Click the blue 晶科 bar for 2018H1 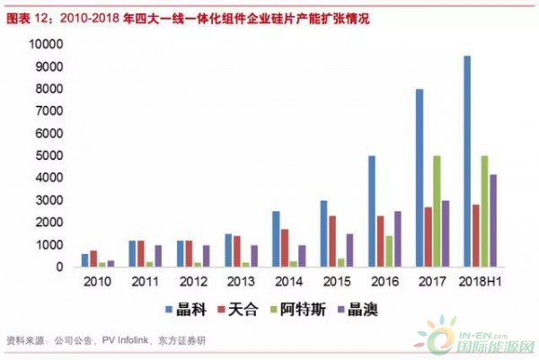tap(466, 162)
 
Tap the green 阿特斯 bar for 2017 tap(437, 211)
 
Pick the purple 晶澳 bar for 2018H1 tap(493, 220)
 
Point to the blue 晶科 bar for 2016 tap(371, 211)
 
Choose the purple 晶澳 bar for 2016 tap(398, 239)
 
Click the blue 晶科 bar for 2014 tap(276, 239)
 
